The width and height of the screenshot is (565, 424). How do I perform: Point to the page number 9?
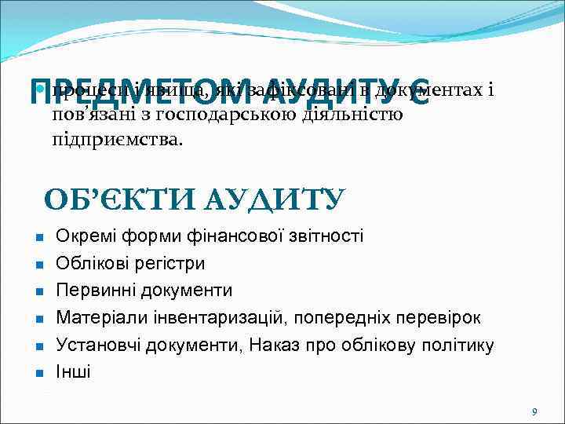click(534, 411)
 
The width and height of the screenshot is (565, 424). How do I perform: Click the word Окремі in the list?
click(86, 236)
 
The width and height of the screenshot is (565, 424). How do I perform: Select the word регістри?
click(169, 263)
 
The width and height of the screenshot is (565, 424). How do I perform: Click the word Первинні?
click(96, 291)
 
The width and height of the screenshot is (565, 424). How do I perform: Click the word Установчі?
click(97, 345)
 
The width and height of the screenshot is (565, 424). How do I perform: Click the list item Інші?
click(73, 371)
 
